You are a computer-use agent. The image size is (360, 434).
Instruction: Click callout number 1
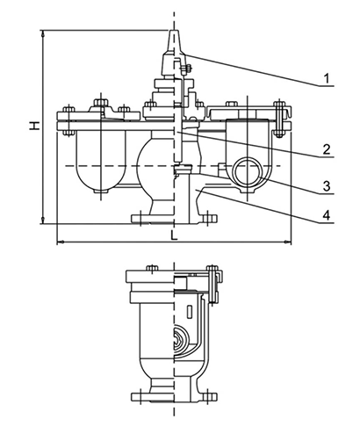(327, 78)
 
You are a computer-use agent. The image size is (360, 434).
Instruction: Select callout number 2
(327, 149)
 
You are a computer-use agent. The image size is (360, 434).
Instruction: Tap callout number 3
(327, 186)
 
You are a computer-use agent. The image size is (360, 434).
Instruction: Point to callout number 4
(327, 215)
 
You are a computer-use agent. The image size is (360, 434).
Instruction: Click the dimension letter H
(34, 126)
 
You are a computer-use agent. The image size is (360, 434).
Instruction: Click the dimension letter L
(175, 235)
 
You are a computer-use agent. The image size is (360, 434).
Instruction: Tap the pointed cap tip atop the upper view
(174, 31)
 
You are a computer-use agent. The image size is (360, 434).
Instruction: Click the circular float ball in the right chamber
(247, 170)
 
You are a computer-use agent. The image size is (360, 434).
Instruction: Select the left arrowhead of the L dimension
(60, 242)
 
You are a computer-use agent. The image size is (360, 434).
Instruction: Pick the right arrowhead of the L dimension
(288, 242)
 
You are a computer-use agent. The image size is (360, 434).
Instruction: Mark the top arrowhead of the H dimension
(43, 33)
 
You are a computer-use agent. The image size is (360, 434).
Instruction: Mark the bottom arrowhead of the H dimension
(43, 220)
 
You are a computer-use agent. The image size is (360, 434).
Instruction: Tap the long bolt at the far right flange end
(279, 119)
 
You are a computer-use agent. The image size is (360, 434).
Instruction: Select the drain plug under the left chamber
(100, 192)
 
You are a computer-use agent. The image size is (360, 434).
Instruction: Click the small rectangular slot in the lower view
(190, 311)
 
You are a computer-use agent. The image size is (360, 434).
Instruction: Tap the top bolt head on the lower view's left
(152, 268)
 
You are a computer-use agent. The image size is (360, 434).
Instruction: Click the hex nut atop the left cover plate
(101, 103)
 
